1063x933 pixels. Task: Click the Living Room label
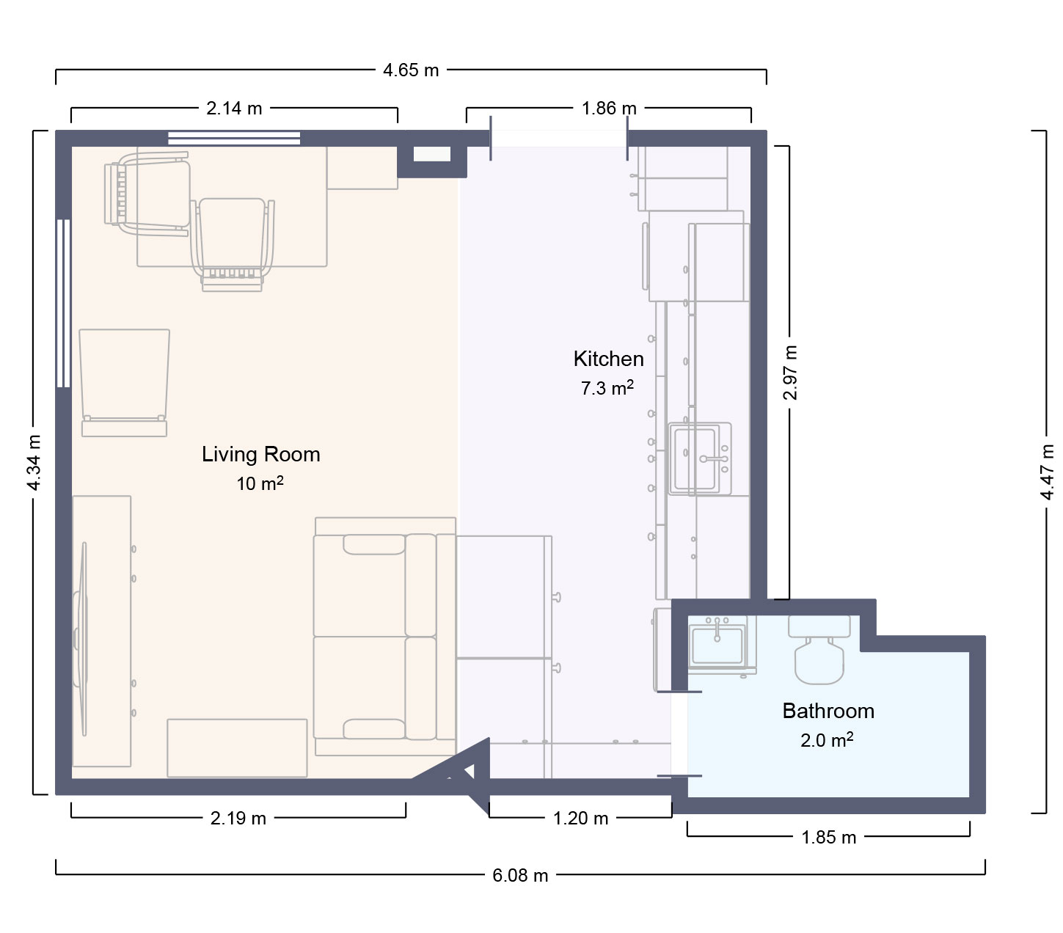coord(260,455)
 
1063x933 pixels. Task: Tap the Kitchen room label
coord(608,359)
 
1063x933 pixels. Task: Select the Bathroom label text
coord(828,711)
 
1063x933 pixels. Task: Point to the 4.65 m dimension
coord(411,70)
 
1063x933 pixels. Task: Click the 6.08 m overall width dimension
coord(520,876)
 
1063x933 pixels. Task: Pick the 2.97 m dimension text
coord(789,373)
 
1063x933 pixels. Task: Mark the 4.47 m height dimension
coord(1047,472)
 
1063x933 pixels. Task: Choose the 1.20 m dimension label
coord(580,818)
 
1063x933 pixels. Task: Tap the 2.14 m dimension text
coord(234,108)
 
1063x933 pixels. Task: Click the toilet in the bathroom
coord(819,650)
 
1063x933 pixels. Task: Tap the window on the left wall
coord(64,304)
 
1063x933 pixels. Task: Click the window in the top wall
coord(234,139)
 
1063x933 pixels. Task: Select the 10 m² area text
coord(260,483)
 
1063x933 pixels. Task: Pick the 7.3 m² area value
coord(607,388)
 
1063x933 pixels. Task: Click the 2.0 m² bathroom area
coord(826,740)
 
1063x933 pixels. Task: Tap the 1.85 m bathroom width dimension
coord(828,838)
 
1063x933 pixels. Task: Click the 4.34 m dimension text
coord(34,463)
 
